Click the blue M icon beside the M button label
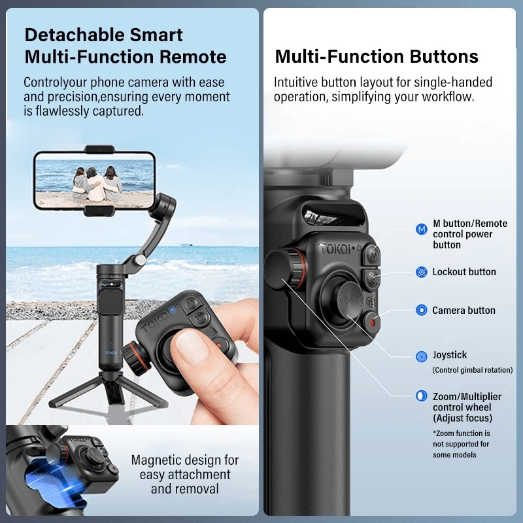tap(422, 229)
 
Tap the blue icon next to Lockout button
tap(422, 272)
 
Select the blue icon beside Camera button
tap(422, 310)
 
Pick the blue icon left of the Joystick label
tap(422, 356)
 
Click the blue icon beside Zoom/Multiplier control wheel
tap(422, 396)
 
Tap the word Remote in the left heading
tap(193, 57)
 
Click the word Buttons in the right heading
tap(444, 57)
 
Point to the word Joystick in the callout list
tap(450, 355)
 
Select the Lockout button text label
tap(464, 272)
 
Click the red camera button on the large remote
tap(371, 322)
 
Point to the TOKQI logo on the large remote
tap(335, 249)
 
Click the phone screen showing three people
tap(94, 182)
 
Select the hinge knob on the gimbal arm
tap(141, 260)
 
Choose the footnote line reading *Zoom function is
tap(462, 433)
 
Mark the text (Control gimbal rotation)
tap(472, 370)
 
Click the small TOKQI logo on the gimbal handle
tap(110, 352)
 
